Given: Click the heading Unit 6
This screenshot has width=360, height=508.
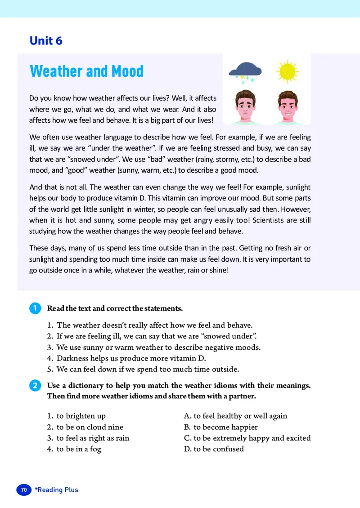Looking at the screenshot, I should [x=46, y=41].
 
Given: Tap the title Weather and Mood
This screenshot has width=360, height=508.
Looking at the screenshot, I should [x=86, y=71].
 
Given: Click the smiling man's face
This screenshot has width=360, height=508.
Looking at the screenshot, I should [x=288, y=107].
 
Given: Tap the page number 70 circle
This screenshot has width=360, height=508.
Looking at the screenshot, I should [x=24, y=490].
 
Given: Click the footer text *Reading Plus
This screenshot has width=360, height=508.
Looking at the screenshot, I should [x=57, y=490].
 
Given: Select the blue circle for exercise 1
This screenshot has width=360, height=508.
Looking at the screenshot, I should [x=34, y=308].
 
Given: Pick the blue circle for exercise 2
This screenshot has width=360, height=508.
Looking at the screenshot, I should [x=34, y=386].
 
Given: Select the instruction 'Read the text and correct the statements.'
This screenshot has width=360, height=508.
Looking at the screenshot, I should [x=115, y=308].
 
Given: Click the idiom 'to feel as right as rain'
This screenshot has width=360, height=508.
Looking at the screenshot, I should [x=93, y=438].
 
